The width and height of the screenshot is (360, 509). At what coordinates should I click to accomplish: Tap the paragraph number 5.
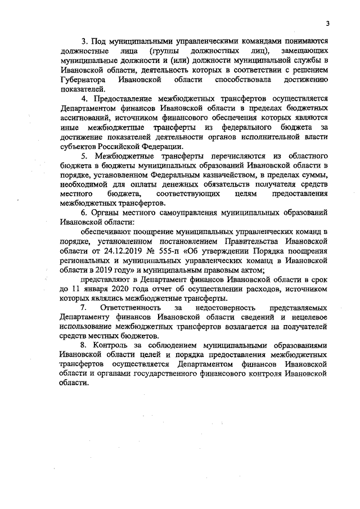point(83,154)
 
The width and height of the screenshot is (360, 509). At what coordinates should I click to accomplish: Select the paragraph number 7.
point(83,308)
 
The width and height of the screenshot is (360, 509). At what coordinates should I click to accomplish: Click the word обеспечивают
point(105,231)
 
